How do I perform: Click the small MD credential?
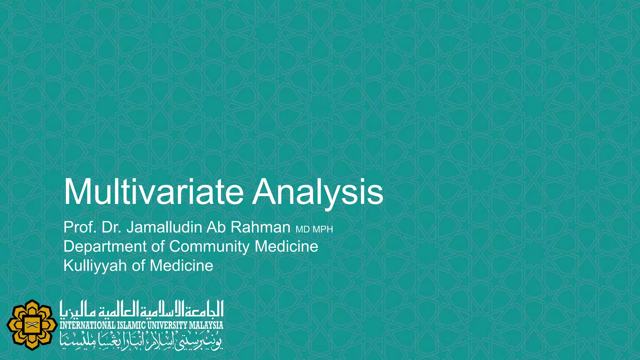point(302,230)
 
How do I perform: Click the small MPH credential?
point(323,230)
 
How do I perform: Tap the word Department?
point(105,247)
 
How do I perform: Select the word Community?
point(209,247)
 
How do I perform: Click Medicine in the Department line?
point(286,247)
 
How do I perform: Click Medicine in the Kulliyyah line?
point(181,266)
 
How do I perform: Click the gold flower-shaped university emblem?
point(32,325)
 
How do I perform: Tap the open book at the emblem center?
point(32,325)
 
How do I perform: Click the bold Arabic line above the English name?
point(142,309)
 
